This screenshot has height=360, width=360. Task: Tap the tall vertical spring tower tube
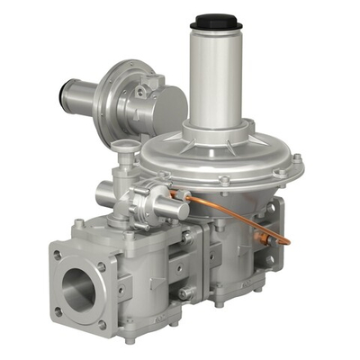coord(214,72)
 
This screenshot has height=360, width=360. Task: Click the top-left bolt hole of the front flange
coord(58,255)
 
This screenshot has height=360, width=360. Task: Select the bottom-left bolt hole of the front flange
coord(59,312)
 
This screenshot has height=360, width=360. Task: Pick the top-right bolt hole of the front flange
coord(101,267)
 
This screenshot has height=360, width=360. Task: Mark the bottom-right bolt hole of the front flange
coord(101,324)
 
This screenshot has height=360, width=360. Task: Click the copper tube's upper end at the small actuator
coord(185,194)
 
